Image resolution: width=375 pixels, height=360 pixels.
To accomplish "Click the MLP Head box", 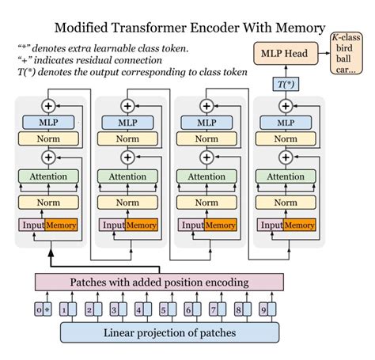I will (x=282, y=55).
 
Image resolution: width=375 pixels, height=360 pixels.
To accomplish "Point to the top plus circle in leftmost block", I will (x=49, y=104).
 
